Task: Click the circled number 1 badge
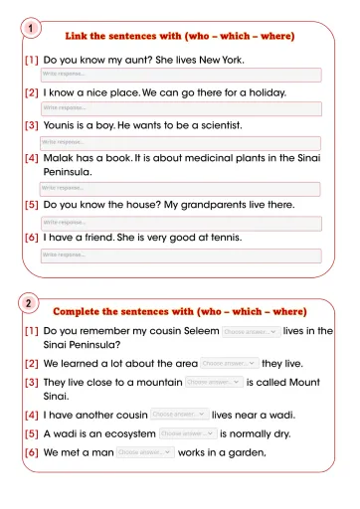click(x=32, y=29)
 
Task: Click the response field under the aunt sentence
click(x=180, y=75)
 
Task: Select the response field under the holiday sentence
click(x=180, y=108)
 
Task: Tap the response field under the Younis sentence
click(x=180, y=142)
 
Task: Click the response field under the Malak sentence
click(x=180, y=188)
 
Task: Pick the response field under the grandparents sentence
click(x=180, y=222)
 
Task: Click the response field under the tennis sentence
click(x=180, y=255)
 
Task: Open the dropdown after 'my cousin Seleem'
click(x=249, y=331)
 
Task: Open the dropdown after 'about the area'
click(x=229, y=364)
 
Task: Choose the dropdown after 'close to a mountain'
click(x=213, y=382)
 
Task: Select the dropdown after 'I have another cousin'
click(x=179, y=415)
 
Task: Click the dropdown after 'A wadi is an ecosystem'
click(x=187, y=433)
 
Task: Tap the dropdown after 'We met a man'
click(x=145, y=452)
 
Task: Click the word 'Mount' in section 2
click(x=313, y=382)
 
